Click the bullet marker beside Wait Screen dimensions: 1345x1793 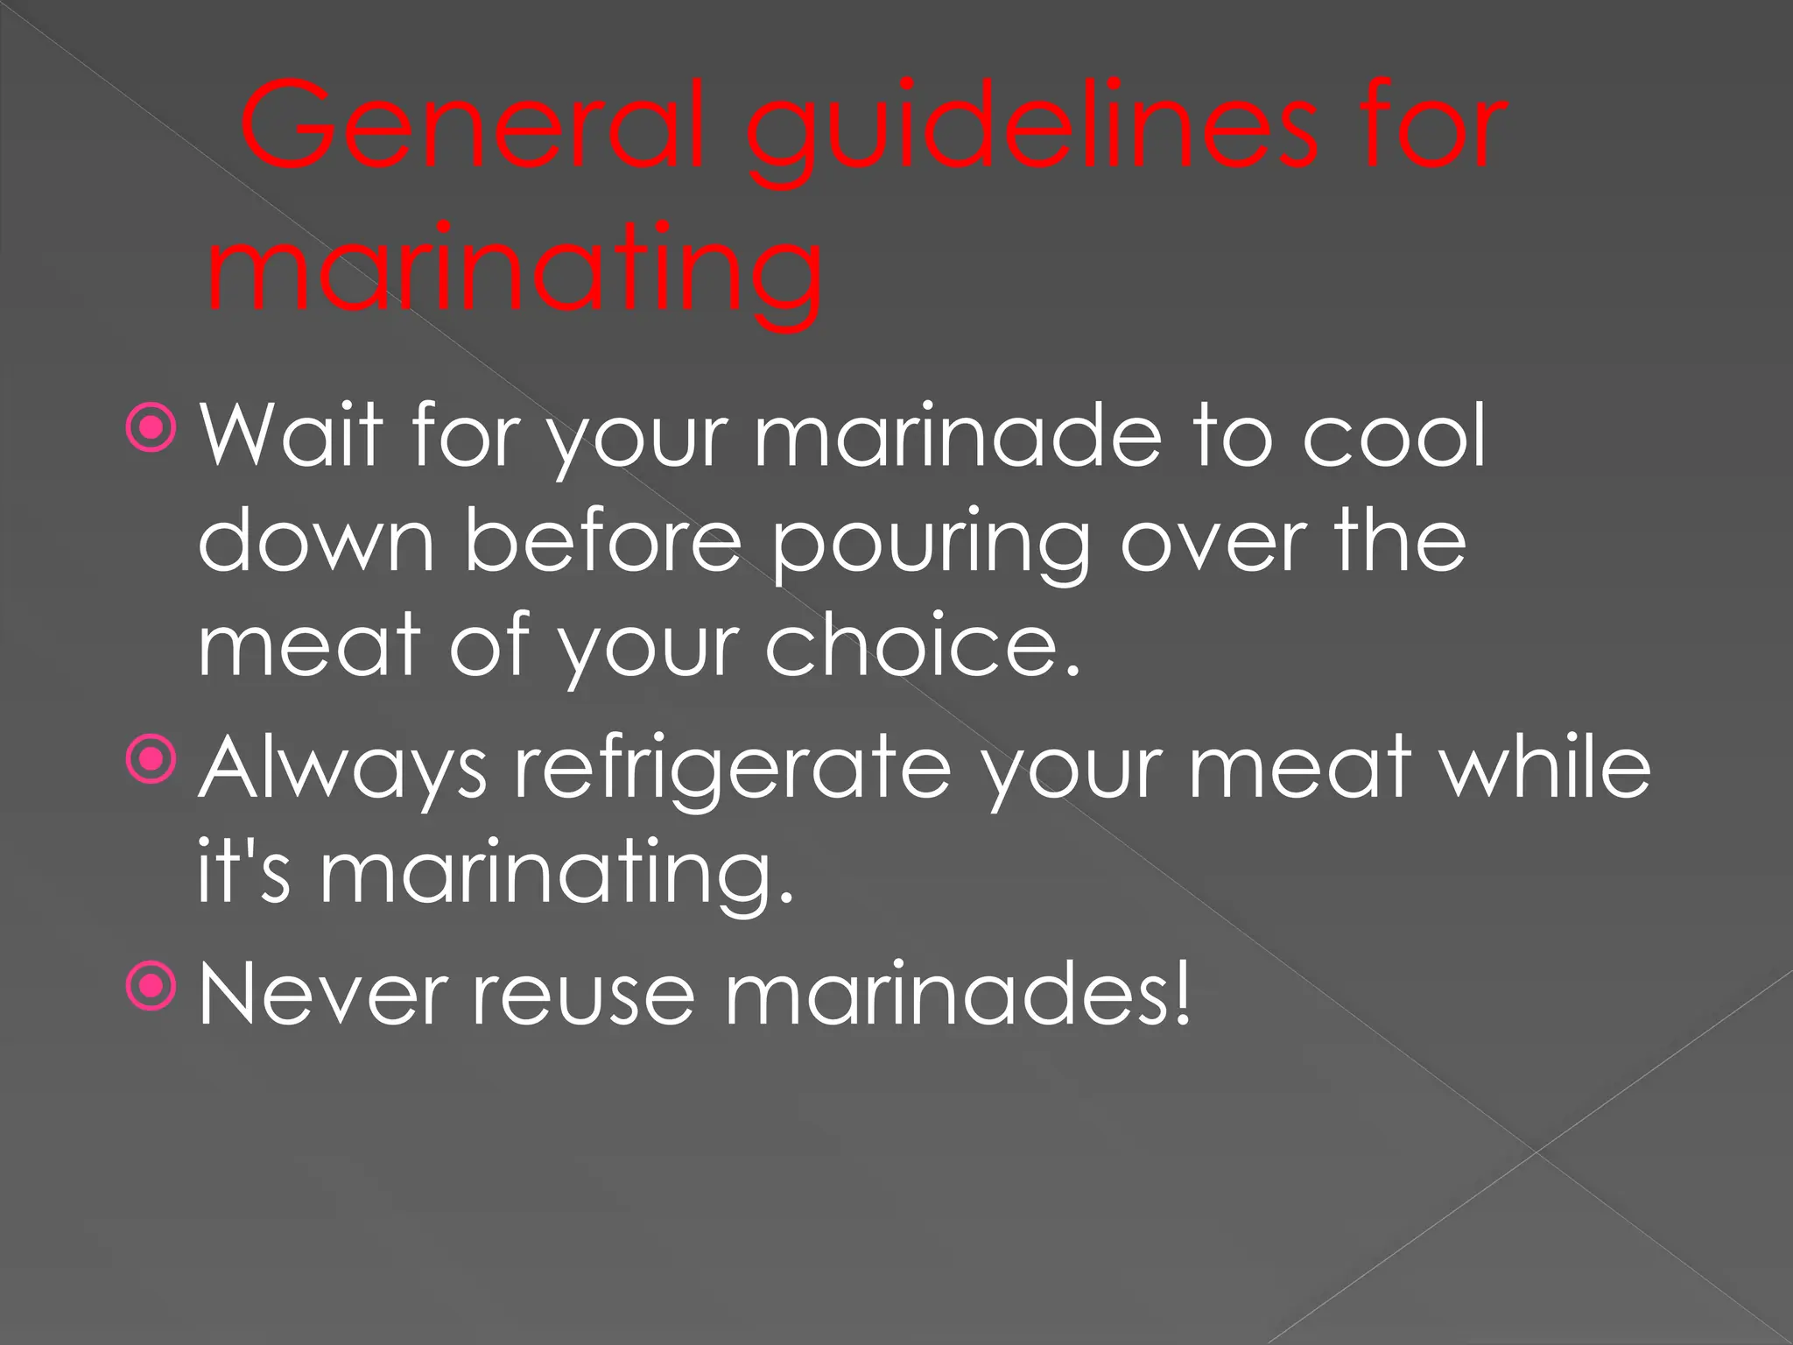[x=151, y=428]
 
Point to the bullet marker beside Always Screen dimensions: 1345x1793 [x=151, y=759]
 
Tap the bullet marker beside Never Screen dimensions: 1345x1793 [x=151, y=987]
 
